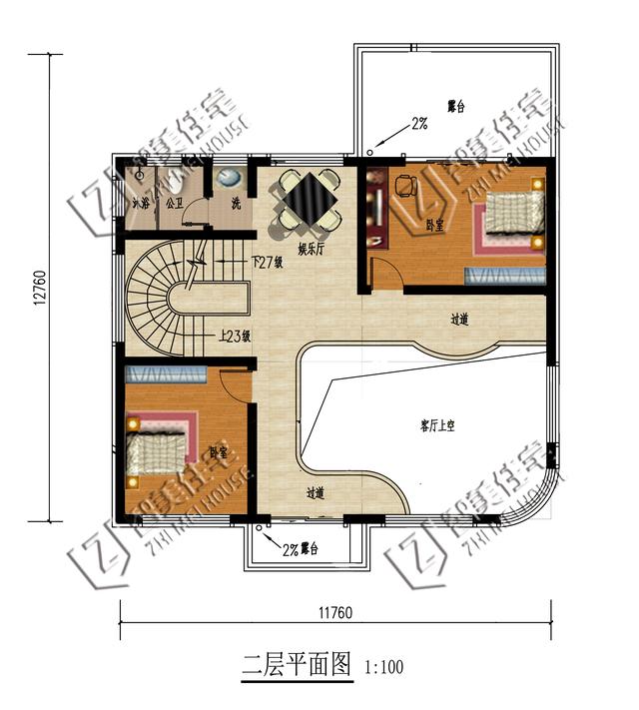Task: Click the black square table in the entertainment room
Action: pos(308,198)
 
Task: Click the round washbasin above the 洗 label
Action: pos(229,180)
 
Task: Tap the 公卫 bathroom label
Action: pos(174,203)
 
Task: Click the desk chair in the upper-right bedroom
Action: pos(405,186)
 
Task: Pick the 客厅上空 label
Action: pos(436,425)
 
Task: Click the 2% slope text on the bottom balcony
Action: pos(291,549)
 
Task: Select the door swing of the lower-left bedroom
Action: pos(234,383)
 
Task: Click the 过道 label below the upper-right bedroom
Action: pos(459,320)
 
